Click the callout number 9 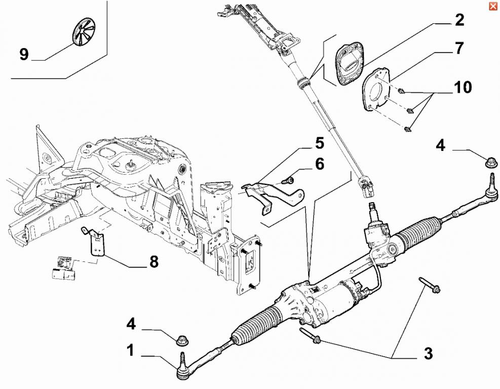pyautogui.click(x=24, y=54)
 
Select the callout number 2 pyautogui.click(x=458, y=20)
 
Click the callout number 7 pyautogui.click(x=458, y=49)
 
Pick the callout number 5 pyautogui.click(x=319, y=143)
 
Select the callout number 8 pyautogui.click(x=153, y=262)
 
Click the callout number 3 pyautogui.click(x=428, y=354)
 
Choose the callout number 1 pyautogui.click(x=130, y=350)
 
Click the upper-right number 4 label pyautogui.click(x=440, y=146)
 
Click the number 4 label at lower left pyautogui.click(x=130, y=323)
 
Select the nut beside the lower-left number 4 pyautogui.click(x=182, y=339)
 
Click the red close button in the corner pyautogui.click(x=492, y=6)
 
